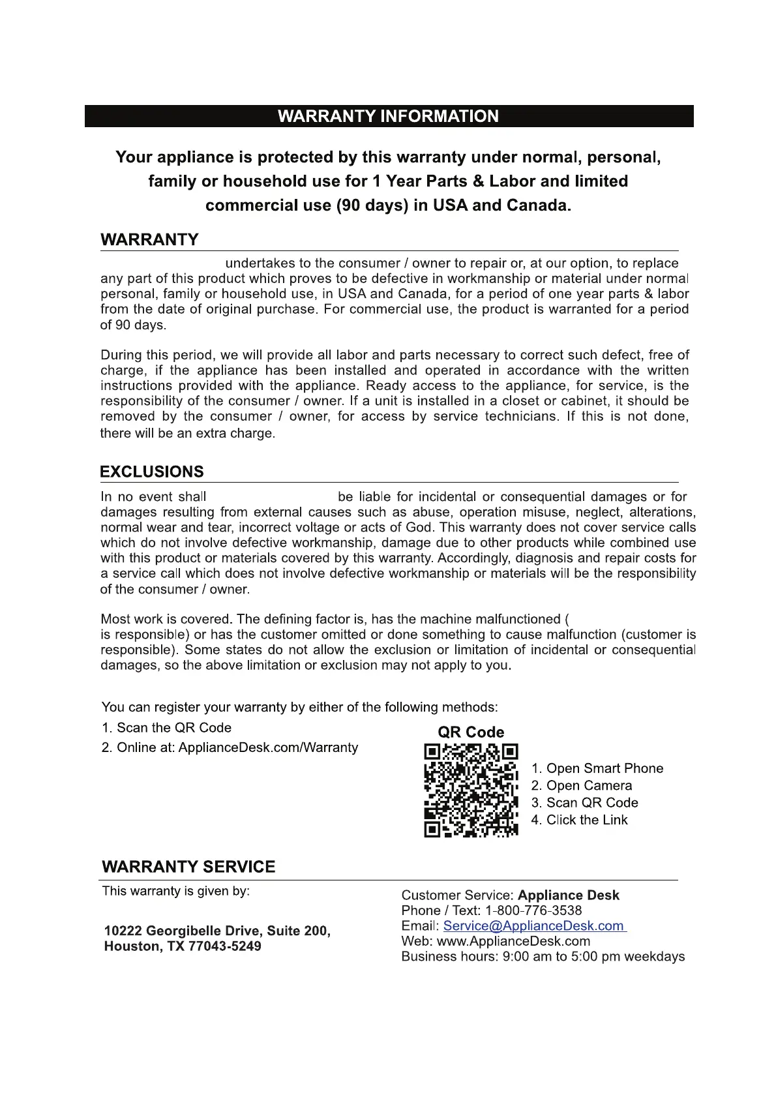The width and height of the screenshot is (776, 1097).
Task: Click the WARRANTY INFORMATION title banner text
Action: click(388, 117)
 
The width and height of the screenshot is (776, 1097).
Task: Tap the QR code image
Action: click(471, 790)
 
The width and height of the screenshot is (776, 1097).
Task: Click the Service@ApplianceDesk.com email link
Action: click(534, 926)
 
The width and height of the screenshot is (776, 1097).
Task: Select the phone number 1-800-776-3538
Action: click(533, 910)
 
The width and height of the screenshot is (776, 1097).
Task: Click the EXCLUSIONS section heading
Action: click(152, 472)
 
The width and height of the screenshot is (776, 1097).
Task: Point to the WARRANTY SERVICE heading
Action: click(188, 867)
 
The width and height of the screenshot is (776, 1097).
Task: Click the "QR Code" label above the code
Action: click(471, 732)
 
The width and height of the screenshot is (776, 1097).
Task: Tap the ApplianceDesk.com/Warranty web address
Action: click(268, 747)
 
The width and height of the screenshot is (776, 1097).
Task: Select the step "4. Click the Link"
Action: click(579, 820)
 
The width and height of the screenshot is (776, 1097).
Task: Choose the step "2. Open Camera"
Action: click(581, 786)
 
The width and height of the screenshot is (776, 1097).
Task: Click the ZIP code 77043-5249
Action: click(224, 946)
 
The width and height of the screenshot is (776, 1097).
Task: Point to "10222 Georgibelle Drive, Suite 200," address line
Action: click(217, 931)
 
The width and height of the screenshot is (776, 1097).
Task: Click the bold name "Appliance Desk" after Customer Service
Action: click(568, 895)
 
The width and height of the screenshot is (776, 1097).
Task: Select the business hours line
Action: click(543, 957)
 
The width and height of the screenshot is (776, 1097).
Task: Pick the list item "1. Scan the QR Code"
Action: click(166, 728)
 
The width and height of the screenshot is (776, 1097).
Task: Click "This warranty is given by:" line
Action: click(176, 891)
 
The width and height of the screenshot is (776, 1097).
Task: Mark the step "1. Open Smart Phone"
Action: click(597, 769)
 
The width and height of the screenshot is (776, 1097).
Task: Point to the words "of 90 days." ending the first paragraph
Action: click(133, 325)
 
